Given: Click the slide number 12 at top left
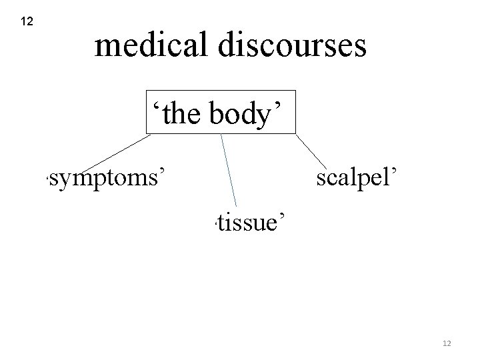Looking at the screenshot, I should tap(27, 22).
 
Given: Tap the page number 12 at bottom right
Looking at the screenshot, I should tap(447, 343).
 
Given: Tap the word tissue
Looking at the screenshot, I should tap(247, 221).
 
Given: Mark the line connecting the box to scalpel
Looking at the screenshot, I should tap(309, 149).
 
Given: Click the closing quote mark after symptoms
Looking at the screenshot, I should tap(161, 171).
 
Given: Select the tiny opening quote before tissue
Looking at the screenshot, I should tap(209, 225).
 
